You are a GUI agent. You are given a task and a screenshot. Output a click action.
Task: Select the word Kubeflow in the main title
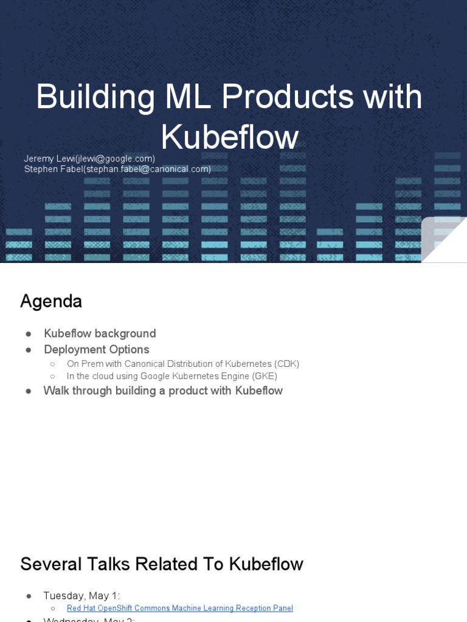[230, 137]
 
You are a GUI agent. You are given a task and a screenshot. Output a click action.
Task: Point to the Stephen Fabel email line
[117, 169]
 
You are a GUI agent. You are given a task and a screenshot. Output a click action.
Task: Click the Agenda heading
[51, 301]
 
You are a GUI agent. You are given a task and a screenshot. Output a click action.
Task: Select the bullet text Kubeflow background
[100, 333]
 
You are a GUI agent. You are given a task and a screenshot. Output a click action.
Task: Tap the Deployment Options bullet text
[96, 349]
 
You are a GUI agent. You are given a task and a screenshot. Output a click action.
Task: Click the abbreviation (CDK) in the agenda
[286, 364]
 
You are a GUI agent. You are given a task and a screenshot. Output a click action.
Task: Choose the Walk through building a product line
[163, 391]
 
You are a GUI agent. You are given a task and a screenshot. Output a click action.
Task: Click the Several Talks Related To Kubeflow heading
[162, 564]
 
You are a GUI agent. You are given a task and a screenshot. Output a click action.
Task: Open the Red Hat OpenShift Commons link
[180, 608]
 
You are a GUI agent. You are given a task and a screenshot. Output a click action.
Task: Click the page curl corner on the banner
[445, 239]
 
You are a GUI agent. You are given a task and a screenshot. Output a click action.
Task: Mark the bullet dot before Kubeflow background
[29, 334]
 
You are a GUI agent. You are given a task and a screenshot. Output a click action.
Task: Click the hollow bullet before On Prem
[53, 364]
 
